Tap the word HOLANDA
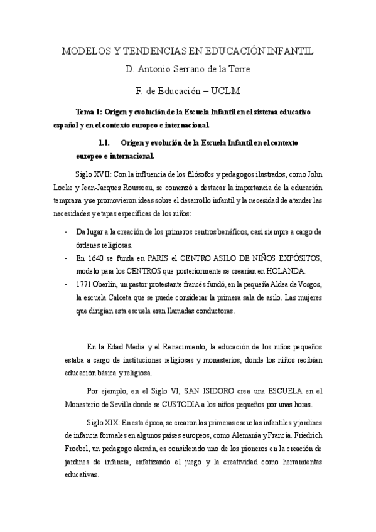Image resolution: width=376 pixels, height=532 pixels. [x=286, y=271]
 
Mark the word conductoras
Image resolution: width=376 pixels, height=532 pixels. [x=215, y=311]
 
